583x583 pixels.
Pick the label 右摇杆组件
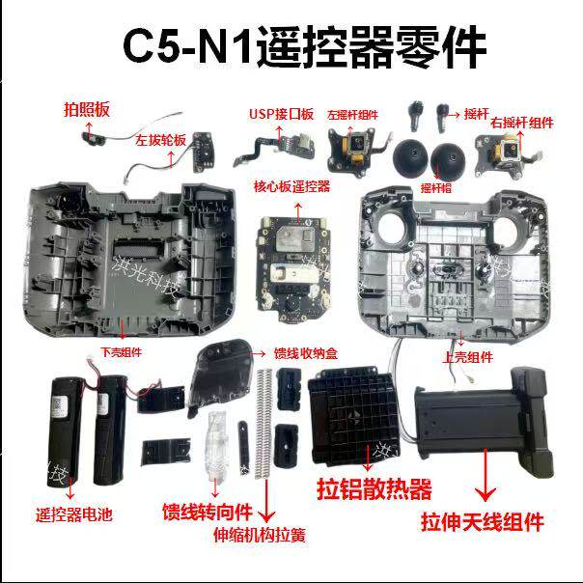click(x=521, y=123)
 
